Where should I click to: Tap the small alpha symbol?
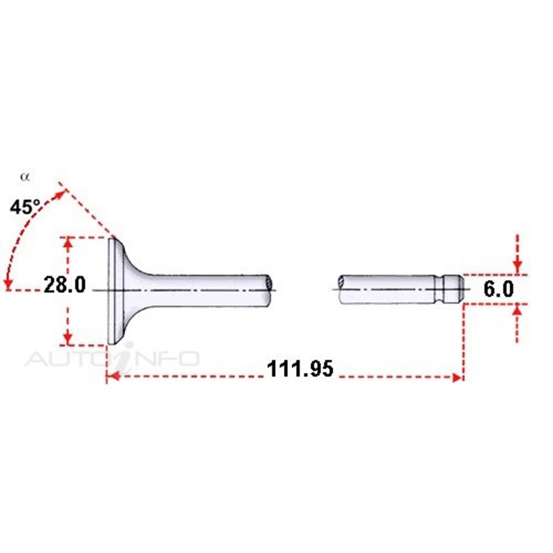point(25,177)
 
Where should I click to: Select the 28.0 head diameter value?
point(65,285)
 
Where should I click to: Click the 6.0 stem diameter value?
point(499,289)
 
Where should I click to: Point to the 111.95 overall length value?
point(300,369)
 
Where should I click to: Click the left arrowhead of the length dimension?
point(114,376)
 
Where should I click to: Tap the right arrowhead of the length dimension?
point(457,378)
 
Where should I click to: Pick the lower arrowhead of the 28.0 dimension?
point(68,338)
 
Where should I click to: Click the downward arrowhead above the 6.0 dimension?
point(518,267)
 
